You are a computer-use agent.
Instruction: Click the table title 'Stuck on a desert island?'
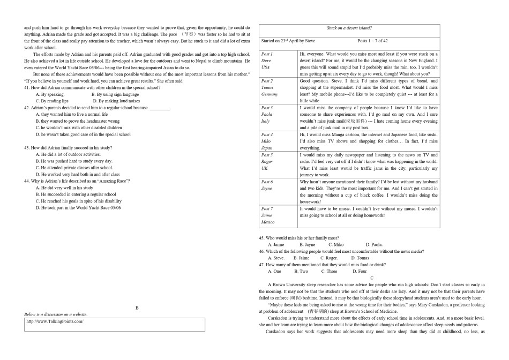point(349,28)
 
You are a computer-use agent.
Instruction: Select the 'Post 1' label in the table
point(267,54)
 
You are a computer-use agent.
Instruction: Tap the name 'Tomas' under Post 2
point(267,87)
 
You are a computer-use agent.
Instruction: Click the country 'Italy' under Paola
point(266,121)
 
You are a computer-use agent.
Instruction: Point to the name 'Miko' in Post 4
point(266,141)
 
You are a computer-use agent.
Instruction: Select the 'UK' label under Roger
point(265,168)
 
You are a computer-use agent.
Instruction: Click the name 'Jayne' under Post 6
point(267,189)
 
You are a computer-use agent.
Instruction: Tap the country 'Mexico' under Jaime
point(268,222)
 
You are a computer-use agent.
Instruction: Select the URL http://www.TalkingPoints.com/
point(55,321)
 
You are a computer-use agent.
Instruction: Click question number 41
point(27,87)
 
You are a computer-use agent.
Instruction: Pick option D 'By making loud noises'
point(116,101)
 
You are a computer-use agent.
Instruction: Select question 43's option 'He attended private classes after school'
point(74,168)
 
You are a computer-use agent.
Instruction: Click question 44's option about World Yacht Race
point(78,208)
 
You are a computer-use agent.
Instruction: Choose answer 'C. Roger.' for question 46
point(329,258)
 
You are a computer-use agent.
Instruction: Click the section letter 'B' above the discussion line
point(137,308)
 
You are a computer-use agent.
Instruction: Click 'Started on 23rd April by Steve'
point(288,41)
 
